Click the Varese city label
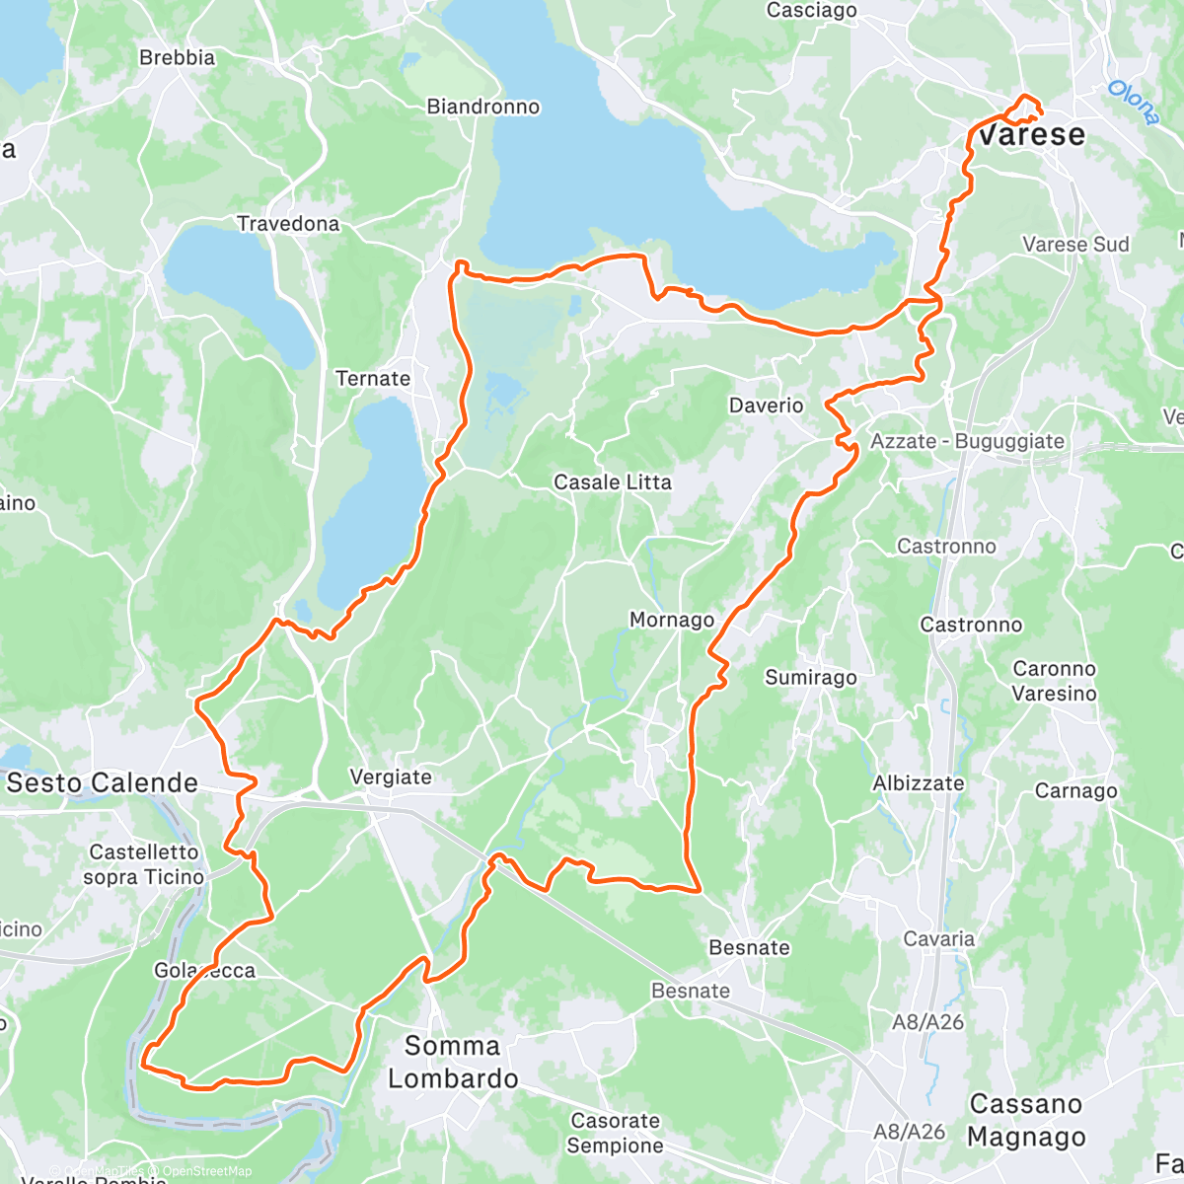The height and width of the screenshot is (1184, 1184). click(1032, 135)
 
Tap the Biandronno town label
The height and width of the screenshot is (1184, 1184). click(483, 107)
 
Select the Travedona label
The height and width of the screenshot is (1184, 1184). click(288, 224)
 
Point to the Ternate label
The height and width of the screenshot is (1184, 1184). click(373, 379)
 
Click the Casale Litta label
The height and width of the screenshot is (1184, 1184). click(613, 482)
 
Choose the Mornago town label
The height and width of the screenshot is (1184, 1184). click(672, 620)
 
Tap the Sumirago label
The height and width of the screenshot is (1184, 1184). click(811, 678)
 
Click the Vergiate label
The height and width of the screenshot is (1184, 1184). click(391, 777)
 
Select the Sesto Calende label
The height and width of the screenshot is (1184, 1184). click(103, 783)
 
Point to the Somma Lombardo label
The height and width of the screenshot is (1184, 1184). click(453, 1063)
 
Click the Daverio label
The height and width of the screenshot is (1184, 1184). click(767, 406)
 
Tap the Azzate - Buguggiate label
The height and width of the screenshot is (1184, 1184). click(967, 442)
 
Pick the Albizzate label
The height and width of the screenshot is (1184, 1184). click(919, 783)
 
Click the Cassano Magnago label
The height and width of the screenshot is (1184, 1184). click(1026, 1121)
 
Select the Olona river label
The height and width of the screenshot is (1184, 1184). click(1133, 103)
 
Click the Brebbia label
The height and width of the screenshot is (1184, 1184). click(178, 58)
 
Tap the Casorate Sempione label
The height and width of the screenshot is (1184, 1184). click(615, 1133)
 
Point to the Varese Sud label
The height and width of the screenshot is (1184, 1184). click(1075, 245)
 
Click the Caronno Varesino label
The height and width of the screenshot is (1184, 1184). click(1054, 681)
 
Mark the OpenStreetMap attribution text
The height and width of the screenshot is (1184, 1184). click(207, 1172)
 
